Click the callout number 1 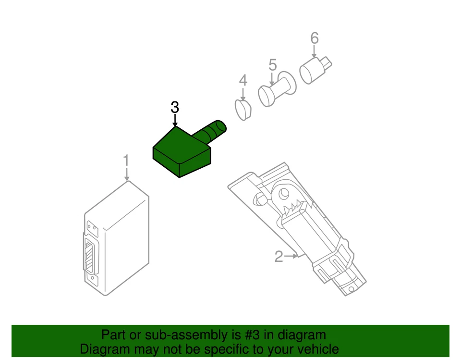pyautogui.click(x=126, y=160)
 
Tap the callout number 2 pyautogui.click(x=279, y=257)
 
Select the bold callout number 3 pyautogui.click(x=175, y=108)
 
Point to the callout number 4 pyautogui.click(x=243, y=80)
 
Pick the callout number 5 pyautogui.click(x=273, y=64)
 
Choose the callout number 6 pyautogui.click(x=315, y=37)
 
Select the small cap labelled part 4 pyautogui.click(x=243, y=109)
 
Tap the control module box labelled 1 pyautogui.click(x=120, y=236)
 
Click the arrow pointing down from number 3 pyautogui.click(x=175, y=121)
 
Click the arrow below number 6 pyautogui.click(x=315, y=52)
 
